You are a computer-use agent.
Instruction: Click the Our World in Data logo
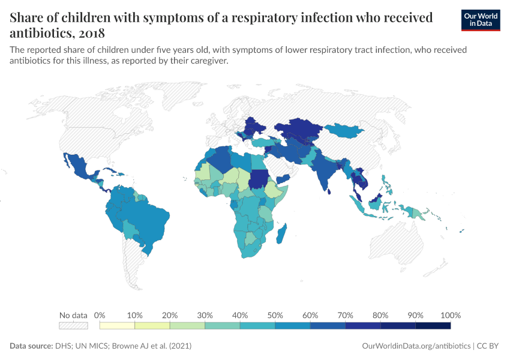[x=481, y=20]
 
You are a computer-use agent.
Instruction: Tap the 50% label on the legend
[x=275, y=315]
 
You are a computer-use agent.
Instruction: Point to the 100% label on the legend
[x=450, y=315]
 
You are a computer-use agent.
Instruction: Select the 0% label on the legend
[x=100, y=315]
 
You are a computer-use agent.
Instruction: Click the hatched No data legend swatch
[x=73, y=325]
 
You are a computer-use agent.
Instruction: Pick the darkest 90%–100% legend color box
[x=433, y=325]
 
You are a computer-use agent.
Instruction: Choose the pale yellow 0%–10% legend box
[x=117, y=325]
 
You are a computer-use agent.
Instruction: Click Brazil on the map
[x=150, y=216]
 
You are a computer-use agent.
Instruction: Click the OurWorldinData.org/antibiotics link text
[x=417, y=346]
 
